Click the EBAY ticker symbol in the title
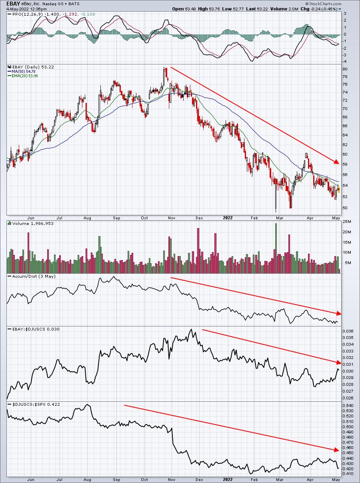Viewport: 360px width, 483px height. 13,4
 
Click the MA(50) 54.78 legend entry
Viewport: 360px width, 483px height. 24,72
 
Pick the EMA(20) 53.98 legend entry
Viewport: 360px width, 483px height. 25,76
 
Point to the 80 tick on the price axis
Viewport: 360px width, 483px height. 345,69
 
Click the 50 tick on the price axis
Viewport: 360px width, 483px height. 345,208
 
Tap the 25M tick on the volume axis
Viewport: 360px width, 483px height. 346,222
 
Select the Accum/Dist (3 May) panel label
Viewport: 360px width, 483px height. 34,277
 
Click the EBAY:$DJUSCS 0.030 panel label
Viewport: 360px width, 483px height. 36,329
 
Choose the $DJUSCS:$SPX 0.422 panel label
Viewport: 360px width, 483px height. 36,405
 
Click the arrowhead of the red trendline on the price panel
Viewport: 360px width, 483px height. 337,162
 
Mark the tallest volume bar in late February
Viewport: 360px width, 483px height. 276,248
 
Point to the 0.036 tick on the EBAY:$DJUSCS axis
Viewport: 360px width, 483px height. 348,331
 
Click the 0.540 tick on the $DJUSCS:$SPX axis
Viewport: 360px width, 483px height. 348,405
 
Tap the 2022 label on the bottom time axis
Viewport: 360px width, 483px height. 228,479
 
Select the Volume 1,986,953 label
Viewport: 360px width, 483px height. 33,224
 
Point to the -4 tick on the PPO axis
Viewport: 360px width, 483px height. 345,62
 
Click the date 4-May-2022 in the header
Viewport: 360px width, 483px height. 16,9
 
